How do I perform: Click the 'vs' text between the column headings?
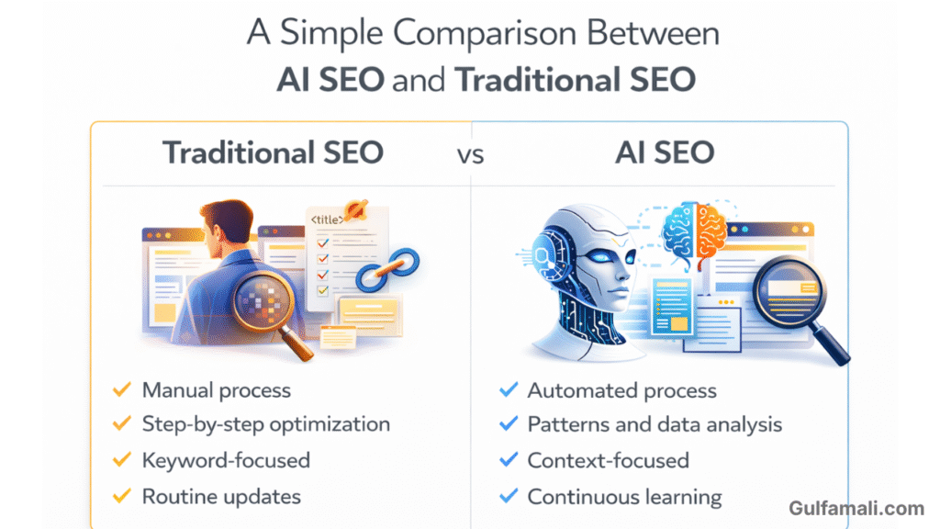(470, 154)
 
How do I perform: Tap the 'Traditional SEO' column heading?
(273, 152)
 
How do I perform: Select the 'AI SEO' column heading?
(665, 152)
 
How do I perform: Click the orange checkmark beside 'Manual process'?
(122, 389)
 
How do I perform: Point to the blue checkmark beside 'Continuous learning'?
(509, 496)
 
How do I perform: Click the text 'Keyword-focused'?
(226, 460)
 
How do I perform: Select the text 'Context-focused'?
(608, 460)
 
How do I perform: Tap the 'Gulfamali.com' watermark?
(856, 508)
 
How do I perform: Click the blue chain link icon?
(387, 269)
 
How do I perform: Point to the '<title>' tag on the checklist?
(327, 219)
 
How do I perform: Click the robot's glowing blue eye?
(600, 257)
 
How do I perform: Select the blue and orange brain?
(694, 231)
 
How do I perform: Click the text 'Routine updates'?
(221, 497)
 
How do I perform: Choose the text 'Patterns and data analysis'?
(655, 424)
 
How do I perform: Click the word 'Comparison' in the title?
(485, 33)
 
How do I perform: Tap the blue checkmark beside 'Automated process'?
(509, 389)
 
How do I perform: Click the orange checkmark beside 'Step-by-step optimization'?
(122, 423)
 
